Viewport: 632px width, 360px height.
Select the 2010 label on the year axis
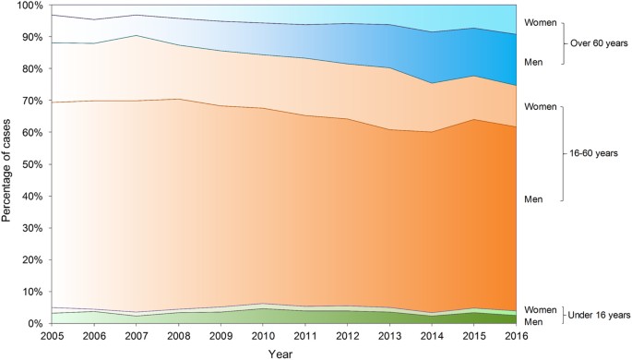[263, 336]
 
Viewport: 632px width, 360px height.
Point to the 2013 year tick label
[390, 336]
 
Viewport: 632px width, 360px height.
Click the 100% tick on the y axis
[29, 6]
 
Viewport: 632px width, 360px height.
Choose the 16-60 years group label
[594, 152]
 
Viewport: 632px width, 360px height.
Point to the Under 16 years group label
[598, 315]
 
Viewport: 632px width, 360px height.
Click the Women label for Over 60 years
[540, 21]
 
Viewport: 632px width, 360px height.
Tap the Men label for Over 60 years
[534, 62]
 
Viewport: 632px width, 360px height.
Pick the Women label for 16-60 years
[540, 107]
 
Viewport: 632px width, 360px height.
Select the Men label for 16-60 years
[534, 198]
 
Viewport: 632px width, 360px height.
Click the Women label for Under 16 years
[540, 309]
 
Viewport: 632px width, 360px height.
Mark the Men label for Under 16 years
[534, 320]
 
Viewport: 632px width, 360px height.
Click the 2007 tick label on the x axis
[136, 336]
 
